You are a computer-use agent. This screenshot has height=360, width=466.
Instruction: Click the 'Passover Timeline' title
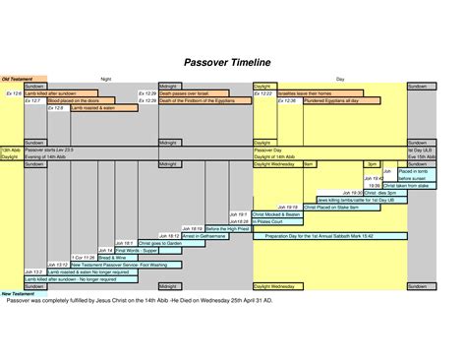(x=227, y=62)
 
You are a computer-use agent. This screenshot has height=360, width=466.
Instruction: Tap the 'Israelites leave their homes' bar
(x=316, y=93)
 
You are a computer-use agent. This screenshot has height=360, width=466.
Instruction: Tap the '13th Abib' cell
(x=11, y=150)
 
